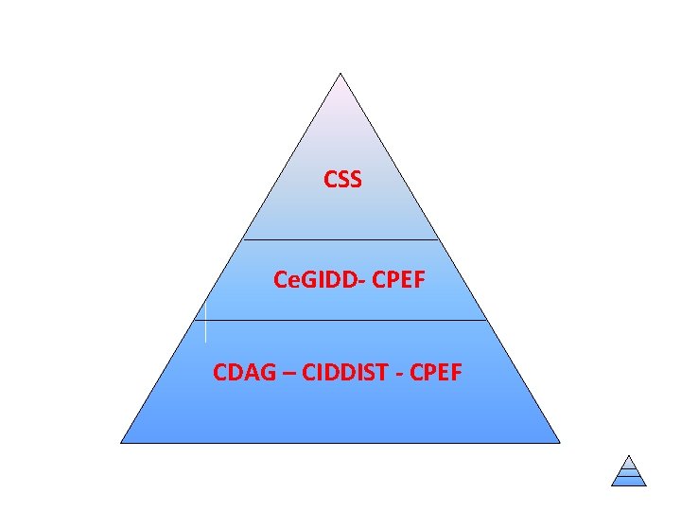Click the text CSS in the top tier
point(342,179)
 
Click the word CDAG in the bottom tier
point(241,372)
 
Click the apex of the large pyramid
point(340,74)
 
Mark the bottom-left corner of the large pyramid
point(121,442)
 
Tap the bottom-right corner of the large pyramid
point(560,442)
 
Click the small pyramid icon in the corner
point(629,470)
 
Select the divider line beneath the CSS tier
point(341,239)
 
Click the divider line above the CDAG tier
point(340,320)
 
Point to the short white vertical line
point(205,321)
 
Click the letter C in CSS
point(330,179)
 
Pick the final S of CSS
point(355,179)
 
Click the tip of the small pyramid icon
point(629,455)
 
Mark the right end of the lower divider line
point(486,320)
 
